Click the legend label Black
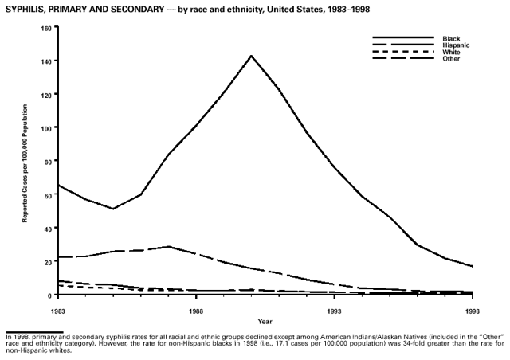(x=450, y=38)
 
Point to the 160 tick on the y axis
(x=45, y=28)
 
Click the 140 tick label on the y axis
(x=45, y=61)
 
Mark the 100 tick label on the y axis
(x=45, y=128)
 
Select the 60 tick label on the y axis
(x=47, y=195)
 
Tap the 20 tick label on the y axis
(x=47, y=261)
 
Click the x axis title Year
(x=265, y=322)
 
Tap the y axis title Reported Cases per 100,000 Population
(x=25, y=162)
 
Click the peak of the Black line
(x=251, y=56)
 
